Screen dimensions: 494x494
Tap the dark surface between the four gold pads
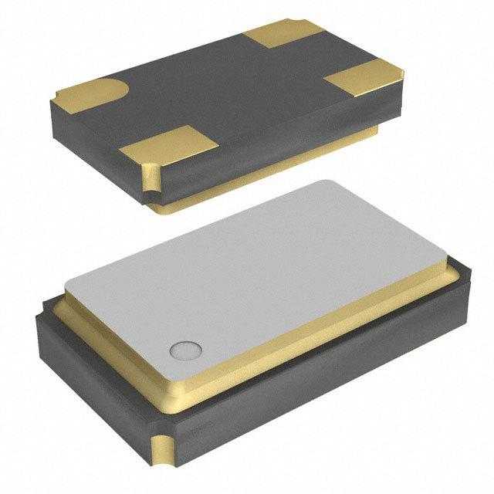tap(232, 93)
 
